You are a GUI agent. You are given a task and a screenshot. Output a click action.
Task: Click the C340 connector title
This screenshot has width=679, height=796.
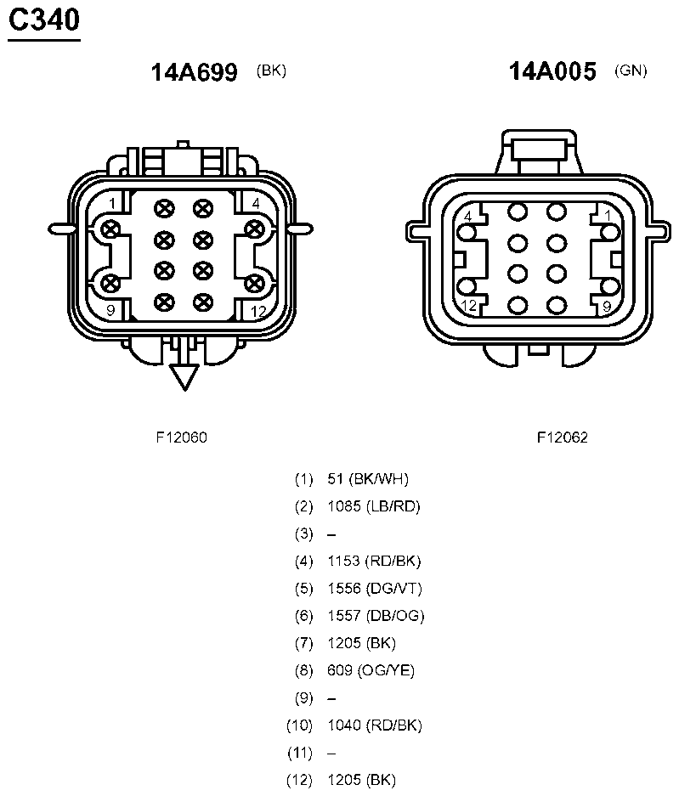[x=44, y=20]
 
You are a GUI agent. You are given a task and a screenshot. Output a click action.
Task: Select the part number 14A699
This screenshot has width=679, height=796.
[x=194, y=72]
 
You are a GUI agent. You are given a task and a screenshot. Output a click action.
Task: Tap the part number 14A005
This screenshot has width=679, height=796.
[x=552, y=71]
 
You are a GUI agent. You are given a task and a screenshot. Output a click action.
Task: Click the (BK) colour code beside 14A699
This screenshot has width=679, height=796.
[x=271, y=71]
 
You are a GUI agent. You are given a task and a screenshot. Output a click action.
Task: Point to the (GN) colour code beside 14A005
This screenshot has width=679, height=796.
[x=631, y=70]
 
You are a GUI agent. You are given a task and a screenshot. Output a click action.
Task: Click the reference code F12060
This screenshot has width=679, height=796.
[x=181, y=438]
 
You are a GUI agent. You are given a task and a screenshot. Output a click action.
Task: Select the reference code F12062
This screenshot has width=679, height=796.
[x=563, y=438]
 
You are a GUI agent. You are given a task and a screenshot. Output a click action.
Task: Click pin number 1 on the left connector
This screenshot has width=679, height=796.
[x=112, y=204]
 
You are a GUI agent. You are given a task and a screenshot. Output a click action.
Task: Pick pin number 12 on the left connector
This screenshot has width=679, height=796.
[x=258, y=311]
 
